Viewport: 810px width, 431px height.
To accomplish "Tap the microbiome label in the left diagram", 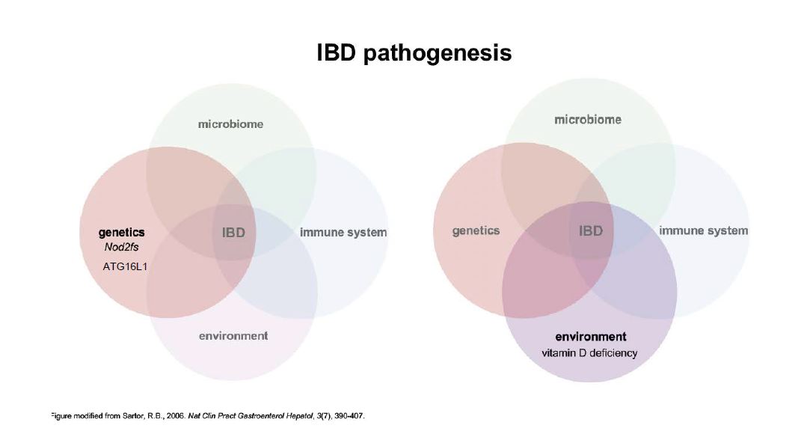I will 230,124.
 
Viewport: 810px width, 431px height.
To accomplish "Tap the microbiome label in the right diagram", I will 588,120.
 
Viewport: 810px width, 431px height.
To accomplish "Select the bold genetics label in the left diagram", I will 122,233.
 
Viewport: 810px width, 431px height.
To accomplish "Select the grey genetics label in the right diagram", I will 476,230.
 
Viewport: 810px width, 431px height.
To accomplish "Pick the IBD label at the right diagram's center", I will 591,230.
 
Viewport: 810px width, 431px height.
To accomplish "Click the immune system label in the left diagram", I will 343,233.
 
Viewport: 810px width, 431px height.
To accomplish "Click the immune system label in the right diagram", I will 703,230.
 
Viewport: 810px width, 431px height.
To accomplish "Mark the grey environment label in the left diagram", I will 233,336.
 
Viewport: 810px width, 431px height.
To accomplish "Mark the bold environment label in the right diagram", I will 591,337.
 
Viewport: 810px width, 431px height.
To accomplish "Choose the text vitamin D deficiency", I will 589,352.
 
